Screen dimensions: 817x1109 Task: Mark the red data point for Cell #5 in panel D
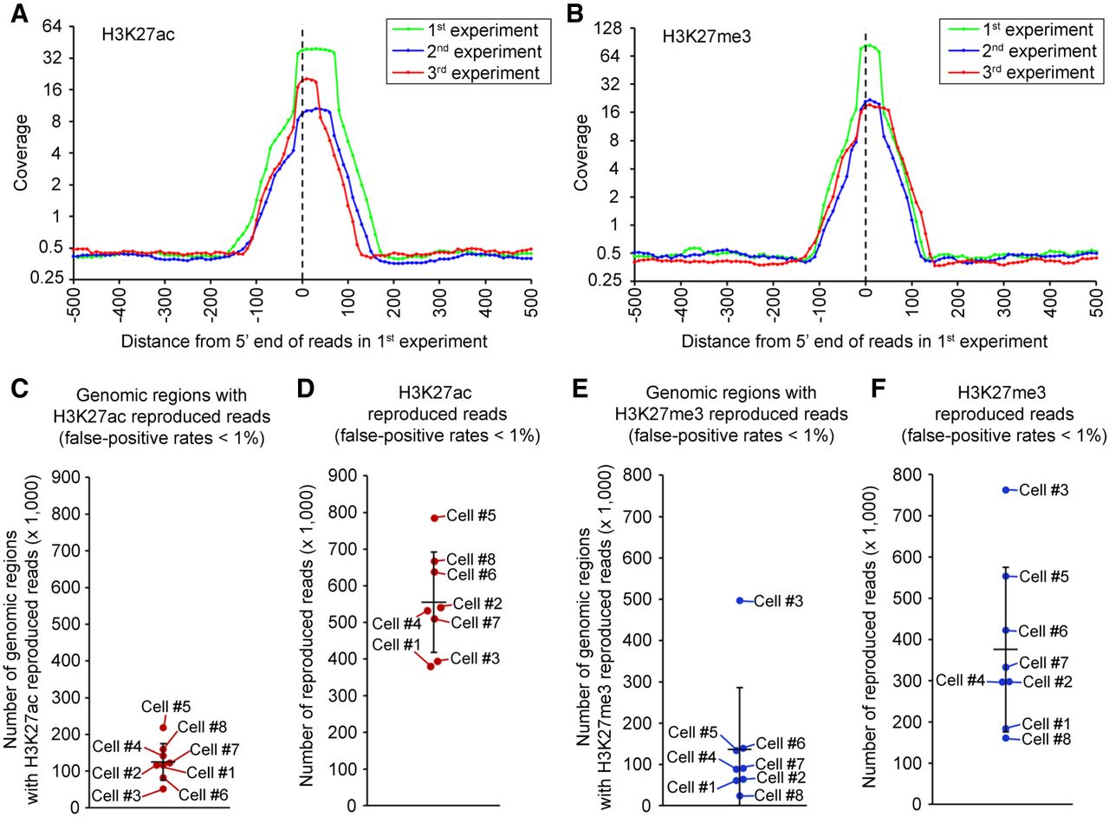point(435,519)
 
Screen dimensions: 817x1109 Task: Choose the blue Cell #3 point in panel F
point(1006,490)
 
